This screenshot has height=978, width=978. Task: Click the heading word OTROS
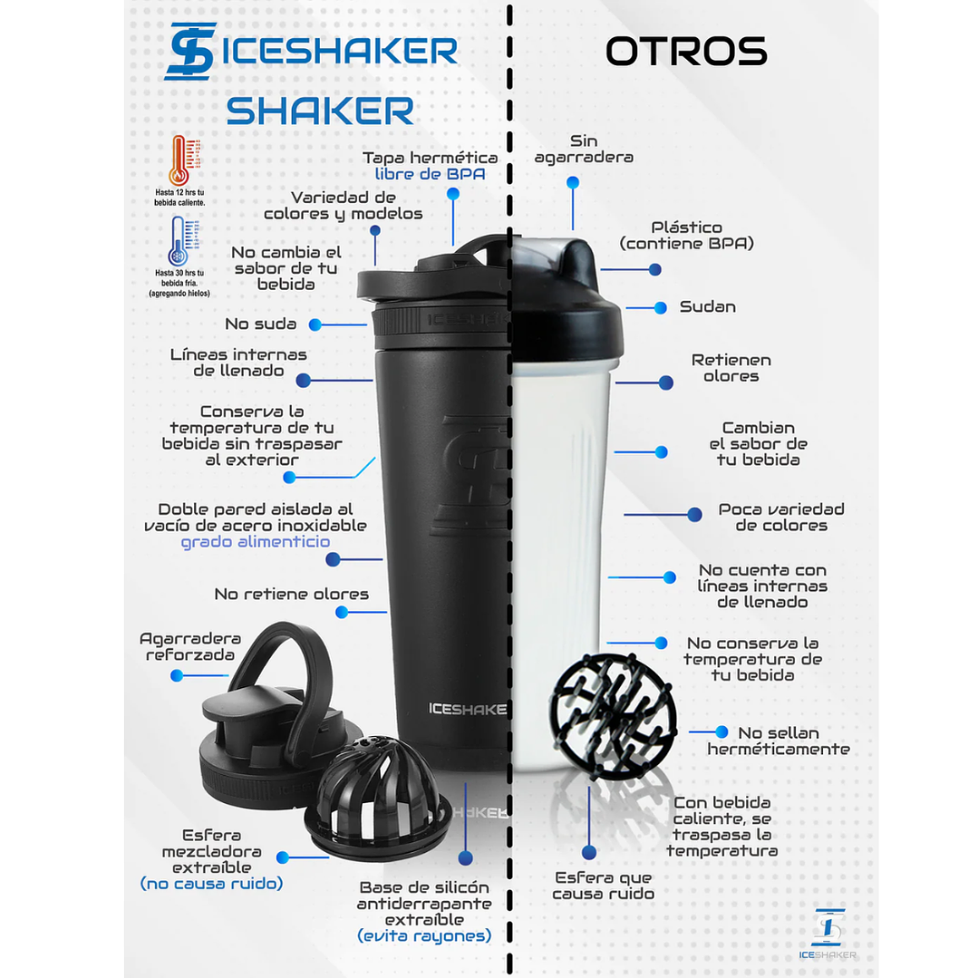[686, 52]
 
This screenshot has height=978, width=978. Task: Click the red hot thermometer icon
[179, 160]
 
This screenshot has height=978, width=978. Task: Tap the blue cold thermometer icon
[179, 241]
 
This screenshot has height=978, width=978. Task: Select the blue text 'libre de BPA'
[430, 174]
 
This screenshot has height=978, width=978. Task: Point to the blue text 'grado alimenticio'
[255, 542]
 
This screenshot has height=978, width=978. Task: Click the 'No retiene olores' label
[291, 595]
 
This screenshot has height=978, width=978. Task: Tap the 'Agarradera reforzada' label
[190, 646]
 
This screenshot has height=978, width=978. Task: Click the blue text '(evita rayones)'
[424, 935]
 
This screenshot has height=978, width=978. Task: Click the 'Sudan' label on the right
[707, 307]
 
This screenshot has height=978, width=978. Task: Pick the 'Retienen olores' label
[731, 368]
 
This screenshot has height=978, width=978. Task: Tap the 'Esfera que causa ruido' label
[603, 886]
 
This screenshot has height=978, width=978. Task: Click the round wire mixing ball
[613, 711]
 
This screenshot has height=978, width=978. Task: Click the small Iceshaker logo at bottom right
[828, 930]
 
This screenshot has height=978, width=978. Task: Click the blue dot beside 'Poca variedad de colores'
[694, 514]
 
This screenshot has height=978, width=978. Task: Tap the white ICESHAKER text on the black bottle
[467, 709]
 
